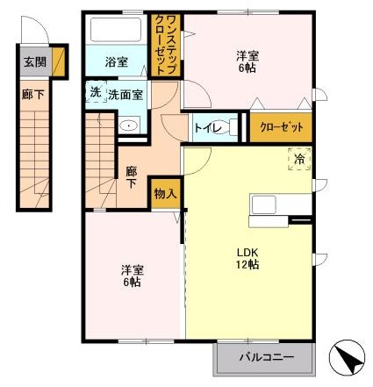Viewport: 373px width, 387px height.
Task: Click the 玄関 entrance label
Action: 35,61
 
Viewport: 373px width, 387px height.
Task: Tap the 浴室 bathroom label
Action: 116,62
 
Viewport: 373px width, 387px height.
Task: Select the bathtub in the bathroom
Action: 116,30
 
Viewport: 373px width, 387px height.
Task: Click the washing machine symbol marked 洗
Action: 96,92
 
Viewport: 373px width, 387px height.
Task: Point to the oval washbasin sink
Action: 129,125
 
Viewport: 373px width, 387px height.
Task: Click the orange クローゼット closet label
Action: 281,127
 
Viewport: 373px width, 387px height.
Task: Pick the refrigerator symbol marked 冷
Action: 299,160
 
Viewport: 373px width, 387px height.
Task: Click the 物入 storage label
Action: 166,193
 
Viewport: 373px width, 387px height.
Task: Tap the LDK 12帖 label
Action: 247,258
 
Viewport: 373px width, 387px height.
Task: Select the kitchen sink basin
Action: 264,204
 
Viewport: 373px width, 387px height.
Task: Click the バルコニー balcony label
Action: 266,357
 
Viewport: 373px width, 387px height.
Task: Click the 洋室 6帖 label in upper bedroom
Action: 247,61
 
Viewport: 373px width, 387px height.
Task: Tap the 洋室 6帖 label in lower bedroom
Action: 133,276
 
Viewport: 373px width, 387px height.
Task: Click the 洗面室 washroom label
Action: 126,95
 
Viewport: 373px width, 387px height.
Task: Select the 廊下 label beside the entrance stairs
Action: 32,95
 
